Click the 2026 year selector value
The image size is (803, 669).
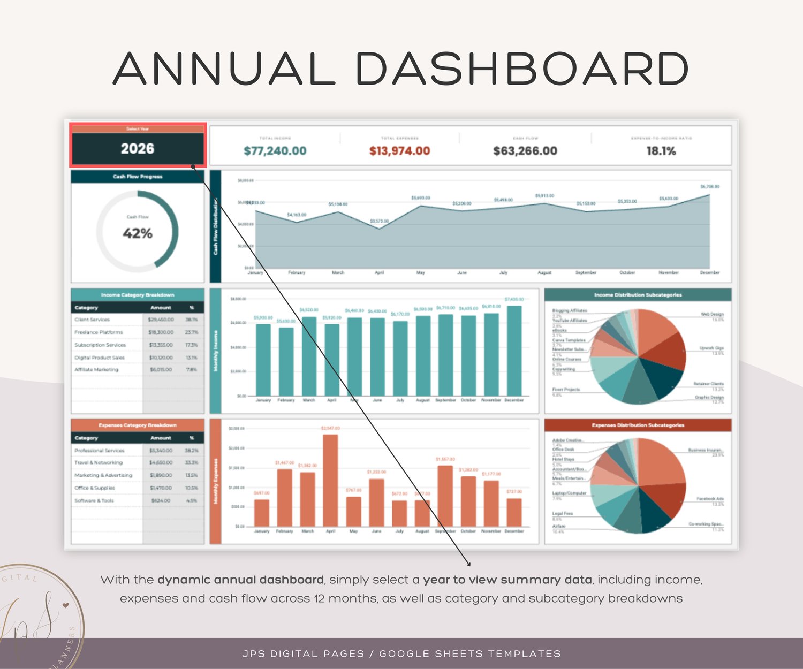138,149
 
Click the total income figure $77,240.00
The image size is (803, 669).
275,151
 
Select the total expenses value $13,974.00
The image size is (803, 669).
399,151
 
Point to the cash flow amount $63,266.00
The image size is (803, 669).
525,151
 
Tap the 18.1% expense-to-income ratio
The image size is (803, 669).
661,151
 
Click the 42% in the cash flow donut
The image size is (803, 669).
138,233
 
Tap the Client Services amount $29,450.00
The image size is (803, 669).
161,320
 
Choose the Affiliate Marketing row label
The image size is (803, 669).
96,370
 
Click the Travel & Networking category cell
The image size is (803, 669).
99,462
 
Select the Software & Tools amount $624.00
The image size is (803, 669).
161,501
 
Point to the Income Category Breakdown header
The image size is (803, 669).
138,295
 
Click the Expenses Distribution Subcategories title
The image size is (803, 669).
638,425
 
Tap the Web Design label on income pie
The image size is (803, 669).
712,314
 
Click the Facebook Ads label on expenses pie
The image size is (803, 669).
710,499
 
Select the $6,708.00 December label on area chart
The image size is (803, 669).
710,187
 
